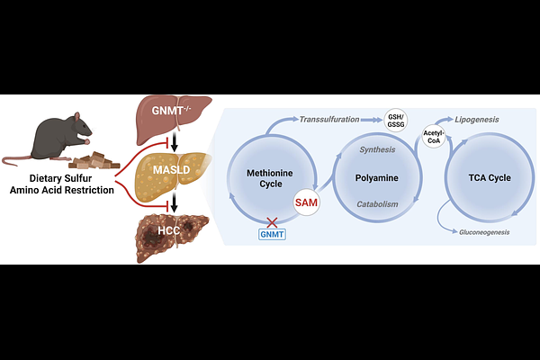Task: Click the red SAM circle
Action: point(306,202)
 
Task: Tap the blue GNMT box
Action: point(272,234)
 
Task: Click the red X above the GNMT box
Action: point(272,222)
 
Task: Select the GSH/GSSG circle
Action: point(396,121)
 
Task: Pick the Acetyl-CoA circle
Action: point(434,137)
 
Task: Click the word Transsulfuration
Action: point(329,120)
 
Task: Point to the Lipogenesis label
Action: point(477,120)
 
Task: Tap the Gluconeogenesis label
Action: point(484,232)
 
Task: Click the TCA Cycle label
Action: point(490,178)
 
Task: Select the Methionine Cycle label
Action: point(270,178)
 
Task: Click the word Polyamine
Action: point(377,178)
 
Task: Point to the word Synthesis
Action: point(377,149)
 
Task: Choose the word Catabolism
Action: point(377,204)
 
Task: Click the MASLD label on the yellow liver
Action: point(171,170)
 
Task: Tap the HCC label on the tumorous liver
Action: point(169,230)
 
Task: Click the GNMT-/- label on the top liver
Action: point(171,111)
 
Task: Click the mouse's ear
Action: point(76,116)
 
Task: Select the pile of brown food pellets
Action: point(94,160)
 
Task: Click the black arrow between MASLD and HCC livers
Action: point(175,202)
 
